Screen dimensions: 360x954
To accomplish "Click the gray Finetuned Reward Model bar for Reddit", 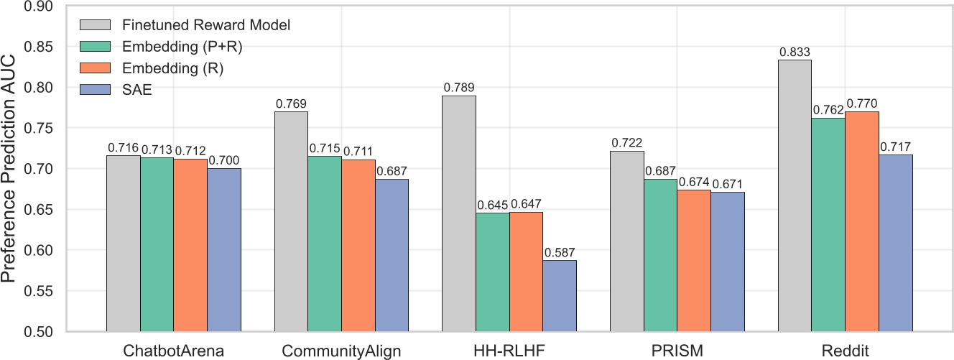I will pos(795,195).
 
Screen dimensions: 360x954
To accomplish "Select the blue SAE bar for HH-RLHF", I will pos(560,296).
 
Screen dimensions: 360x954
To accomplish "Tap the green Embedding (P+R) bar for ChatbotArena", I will pos(157,245).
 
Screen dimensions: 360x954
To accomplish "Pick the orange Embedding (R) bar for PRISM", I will pos(693,261).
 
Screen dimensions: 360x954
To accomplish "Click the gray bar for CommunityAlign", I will pos(291,222).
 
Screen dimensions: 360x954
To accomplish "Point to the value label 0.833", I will pos(795,52).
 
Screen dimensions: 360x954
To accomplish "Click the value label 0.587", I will pos(560,252).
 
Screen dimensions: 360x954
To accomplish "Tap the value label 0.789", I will pos(459,88).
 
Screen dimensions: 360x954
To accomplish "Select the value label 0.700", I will pos(224,160).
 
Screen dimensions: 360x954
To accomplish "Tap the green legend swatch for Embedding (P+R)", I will pos(94,47).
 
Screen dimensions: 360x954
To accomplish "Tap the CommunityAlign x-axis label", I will pos(341,350).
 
